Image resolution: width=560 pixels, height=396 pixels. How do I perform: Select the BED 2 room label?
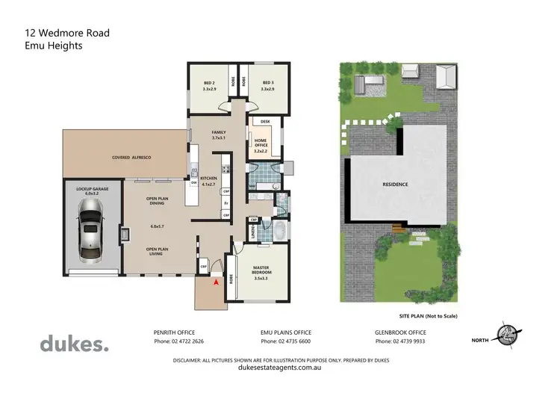point(209,86)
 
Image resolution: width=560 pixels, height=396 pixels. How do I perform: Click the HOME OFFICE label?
point(261,144)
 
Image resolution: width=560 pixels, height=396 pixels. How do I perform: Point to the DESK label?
point(264,121)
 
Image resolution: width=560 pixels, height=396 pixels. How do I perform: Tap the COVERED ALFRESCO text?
point(132,158)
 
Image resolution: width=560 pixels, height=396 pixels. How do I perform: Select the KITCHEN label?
point(208,180)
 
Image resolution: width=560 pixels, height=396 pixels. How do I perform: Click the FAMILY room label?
point(218,134)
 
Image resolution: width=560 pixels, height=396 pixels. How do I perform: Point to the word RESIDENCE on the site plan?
point(395,184)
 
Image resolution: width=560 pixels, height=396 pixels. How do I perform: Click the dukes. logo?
point(74,344)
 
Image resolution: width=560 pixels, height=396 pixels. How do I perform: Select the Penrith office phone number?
point(178,341)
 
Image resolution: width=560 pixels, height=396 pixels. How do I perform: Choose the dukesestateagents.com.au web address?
point(279,367)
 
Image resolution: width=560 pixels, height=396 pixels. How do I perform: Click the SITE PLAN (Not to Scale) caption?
point(428,317)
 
